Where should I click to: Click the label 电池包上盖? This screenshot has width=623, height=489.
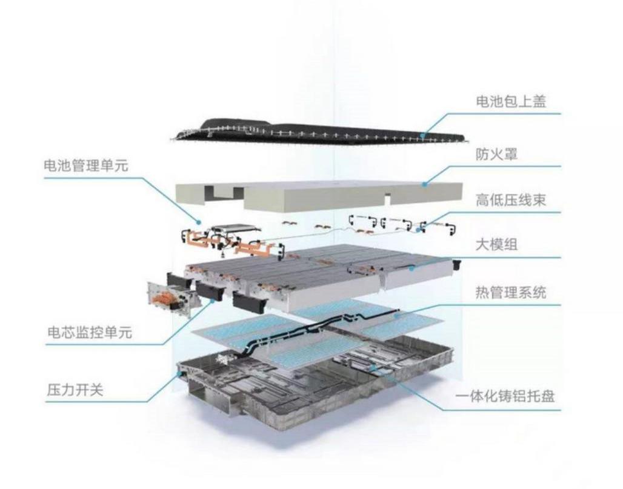click(511, 102)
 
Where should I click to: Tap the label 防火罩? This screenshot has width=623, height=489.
click(497, 154)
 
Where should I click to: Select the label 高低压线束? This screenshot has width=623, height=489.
click(511, 199)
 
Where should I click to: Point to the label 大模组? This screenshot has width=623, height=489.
click(497, 244)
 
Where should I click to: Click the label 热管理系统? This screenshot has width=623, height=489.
click(511, 292)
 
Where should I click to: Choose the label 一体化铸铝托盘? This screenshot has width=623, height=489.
click(505, 396)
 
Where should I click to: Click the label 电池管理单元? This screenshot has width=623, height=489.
click(86, 165)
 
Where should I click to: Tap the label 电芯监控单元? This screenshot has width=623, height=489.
click(90, 332)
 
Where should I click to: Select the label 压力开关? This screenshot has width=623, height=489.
click(75, 390)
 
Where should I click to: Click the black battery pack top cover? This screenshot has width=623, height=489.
click(318, 133)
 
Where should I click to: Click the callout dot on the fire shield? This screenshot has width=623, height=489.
click(424, 184)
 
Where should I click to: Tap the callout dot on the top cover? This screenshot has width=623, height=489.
click(424, 136)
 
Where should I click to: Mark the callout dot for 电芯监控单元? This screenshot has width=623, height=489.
click(213, 301)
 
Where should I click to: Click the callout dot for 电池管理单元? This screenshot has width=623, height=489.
click(199, 221)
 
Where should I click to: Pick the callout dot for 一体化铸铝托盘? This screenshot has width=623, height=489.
click(372, 368)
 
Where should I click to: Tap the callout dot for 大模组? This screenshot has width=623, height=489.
click(412, 269)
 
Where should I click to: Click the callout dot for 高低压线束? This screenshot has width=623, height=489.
click(418, 230)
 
